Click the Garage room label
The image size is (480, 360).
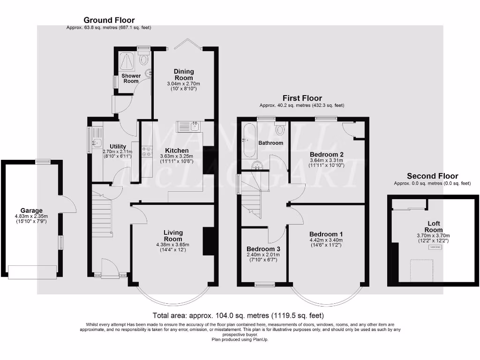click(x=31, y=210)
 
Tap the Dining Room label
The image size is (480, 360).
click(x=184, y=75)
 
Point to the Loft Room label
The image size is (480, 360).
click(x=434, y=227)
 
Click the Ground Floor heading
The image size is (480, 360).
click(x=109, y=20)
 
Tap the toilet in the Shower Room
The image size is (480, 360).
click(x=143, y=59)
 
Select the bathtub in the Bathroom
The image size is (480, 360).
click(x=248, y=139)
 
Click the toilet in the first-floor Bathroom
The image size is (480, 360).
click(x=280, y=129)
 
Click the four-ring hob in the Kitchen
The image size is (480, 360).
click(x=147, y=151)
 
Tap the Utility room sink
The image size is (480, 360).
click(x=97, y=142)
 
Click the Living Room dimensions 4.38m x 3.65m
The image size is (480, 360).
click(x=173, y=244)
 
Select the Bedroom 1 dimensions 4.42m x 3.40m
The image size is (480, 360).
click(x=326, y=240)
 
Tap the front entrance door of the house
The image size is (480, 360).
click(x=110, y=270)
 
